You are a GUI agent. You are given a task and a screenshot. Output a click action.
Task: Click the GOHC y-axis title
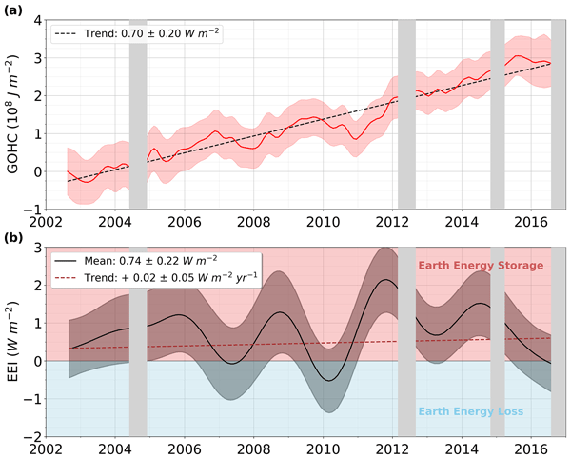coord(13,114)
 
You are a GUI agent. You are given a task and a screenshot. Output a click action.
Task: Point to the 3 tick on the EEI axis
coord(35,248)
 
